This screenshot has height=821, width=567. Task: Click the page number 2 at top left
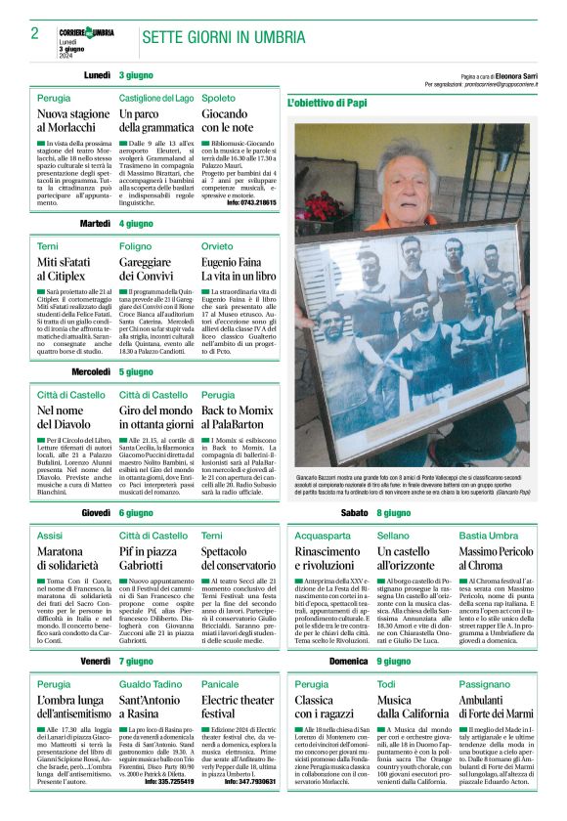pyautogui.click(x=34, y=33)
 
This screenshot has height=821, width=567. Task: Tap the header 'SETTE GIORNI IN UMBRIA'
pyautogui.click(x=223, y=36)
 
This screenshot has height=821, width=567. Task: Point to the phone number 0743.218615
pyautogui.click(x=251, y=201)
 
